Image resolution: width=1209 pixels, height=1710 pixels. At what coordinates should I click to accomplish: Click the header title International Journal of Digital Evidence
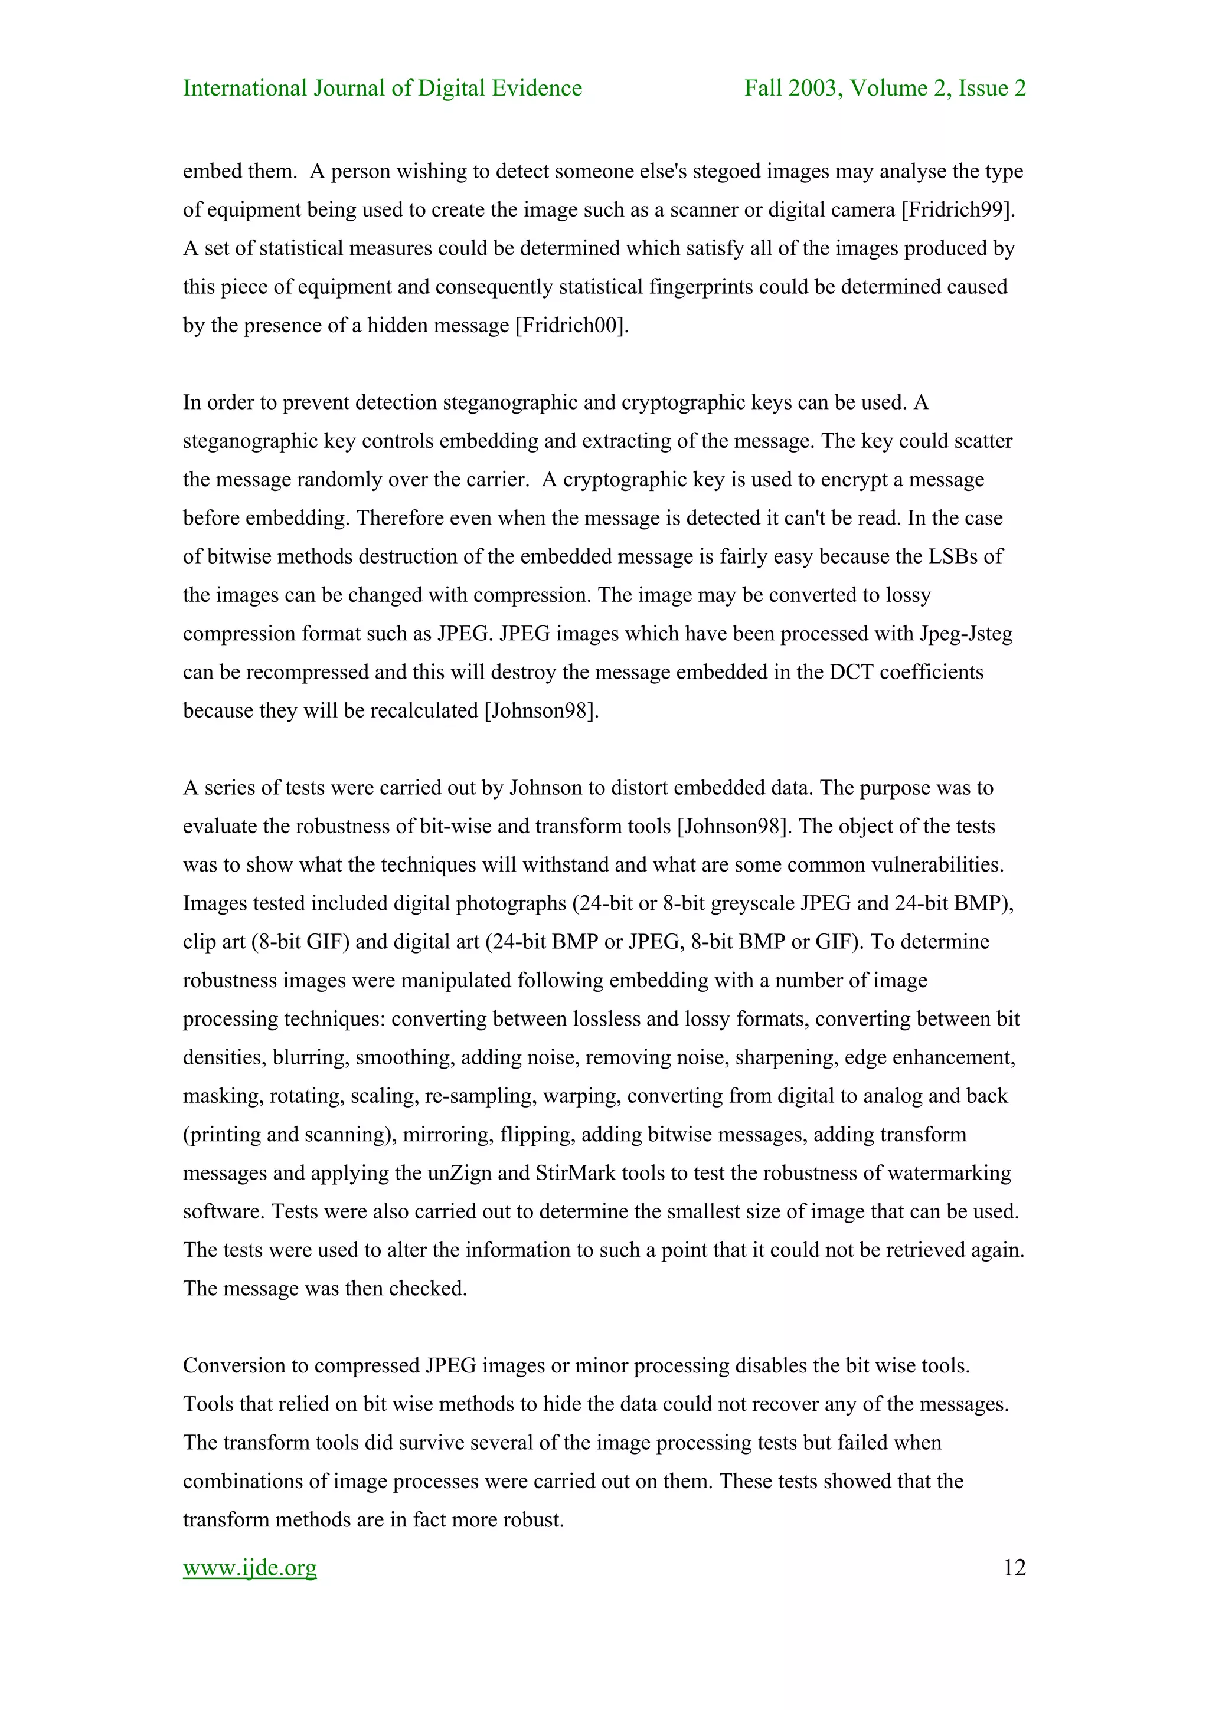coord(382,89)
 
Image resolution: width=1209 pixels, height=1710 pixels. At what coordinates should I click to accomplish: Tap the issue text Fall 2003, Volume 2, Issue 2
coord(885,89)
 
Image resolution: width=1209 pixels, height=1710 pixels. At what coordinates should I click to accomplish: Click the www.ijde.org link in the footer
coord(250,1568)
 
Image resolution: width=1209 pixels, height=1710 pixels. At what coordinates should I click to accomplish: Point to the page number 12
coord(1014,1568)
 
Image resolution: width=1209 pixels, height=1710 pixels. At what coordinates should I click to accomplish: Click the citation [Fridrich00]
coord(572,326)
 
